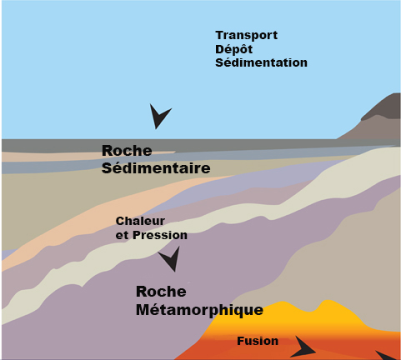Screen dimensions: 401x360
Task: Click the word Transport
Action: pos(247,36)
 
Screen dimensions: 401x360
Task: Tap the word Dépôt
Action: pos(233,49)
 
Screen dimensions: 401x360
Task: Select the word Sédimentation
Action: pos(261,62)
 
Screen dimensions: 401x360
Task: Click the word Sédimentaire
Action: pos(156,168)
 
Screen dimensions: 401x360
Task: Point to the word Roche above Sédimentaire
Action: pos(127,151)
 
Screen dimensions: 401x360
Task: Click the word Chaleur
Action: pos(140,221)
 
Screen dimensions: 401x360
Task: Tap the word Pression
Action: pos(160,235)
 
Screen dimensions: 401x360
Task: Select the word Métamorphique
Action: pos(200,310)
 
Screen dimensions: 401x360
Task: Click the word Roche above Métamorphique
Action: pos(161,292)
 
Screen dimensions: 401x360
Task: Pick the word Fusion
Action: pos(258,341)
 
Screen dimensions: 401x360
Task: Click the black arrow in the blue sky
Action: pos(159,116)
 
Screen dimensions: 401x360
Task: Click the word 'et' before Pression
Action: pos(122,236)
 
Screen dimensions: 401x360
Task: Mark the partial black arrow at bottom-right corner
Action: pos(388,356)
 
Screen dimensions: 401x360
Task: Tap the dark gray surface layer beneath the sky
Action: pos(194,144)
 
